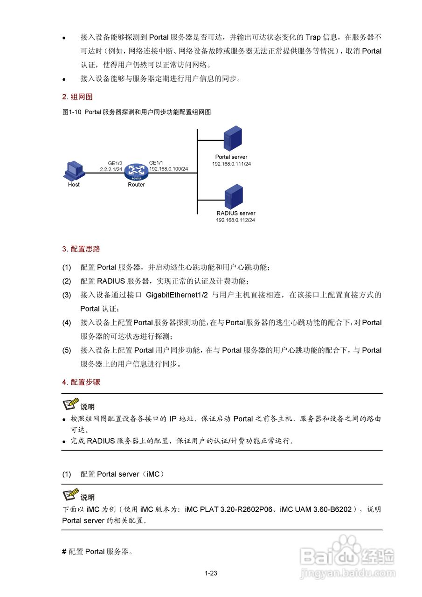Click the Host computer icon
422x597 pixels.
[74, 171]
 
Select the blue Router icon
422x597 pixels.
[137, 172]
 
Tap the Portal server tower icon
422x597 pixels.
[233, 138]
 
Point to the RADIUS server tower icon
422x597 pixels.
[234, 196]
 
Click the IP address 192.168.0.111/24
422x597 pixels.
[231, 164]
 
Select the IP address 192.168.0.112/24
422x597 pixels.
[235, 220]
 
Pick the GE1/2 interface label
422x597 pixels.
[115, 163]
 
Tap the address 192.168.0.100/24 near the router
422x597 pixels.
[168, 169]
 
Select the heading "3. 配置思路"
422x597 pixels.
[81, 249]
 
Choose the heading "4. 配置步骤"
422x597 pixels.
[81, 382]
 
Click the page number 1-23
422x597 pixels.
[211, 573]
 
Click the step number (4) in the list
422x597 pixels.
[67, 322]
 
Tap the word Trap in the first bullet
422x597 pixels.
[313, 37]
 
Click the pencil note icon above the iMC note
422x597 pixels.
[70, 495]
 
